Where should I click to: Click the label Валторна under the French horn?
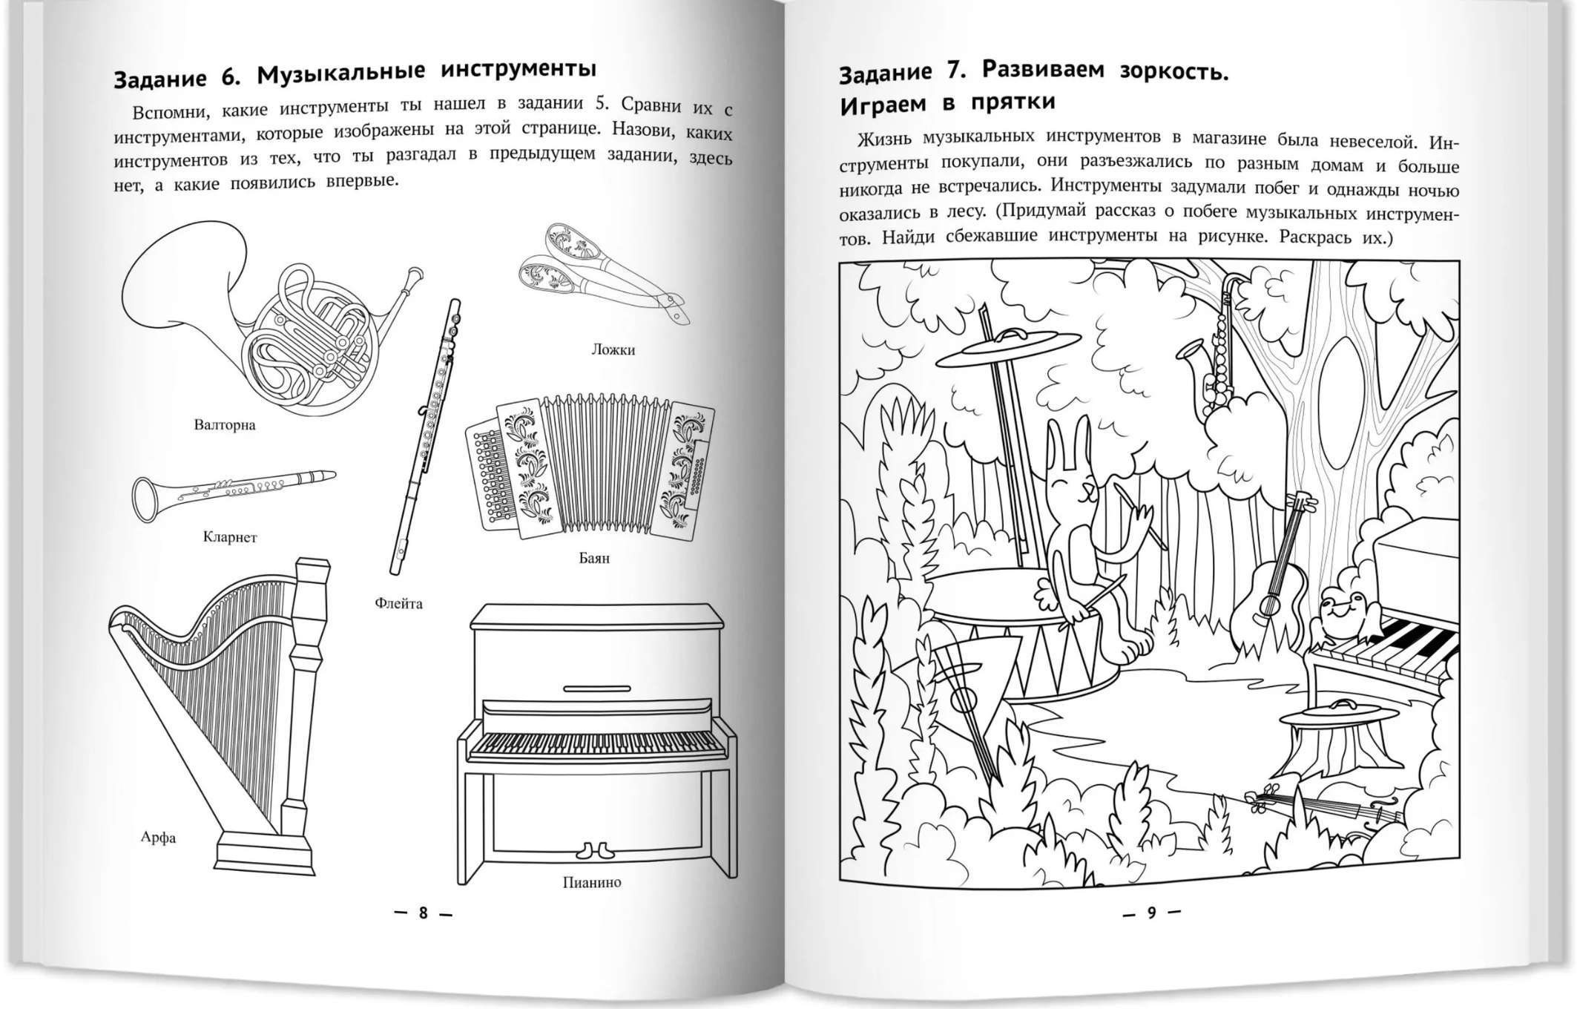[x=224, y=425]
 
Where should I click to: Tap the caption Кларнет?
[x=230, y=537]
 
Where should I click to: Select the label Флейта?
[x=398, y=604]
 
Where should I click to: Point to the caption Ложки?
[x=613, y=349]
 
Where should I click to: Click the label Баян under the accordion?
[x=594, y=558]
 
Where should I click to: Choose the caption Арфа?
[x=158, y=838]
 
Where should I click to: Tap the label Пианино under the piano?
[x=591, y=882]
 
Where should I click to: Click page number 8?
[x=423, y=913]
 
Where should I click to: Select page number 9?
[x=1151, y=913]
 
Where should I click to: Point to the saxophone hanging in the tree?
[x=1209, y=356]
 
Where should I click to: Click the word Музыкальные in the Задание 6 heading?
[x=341, y=73]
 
